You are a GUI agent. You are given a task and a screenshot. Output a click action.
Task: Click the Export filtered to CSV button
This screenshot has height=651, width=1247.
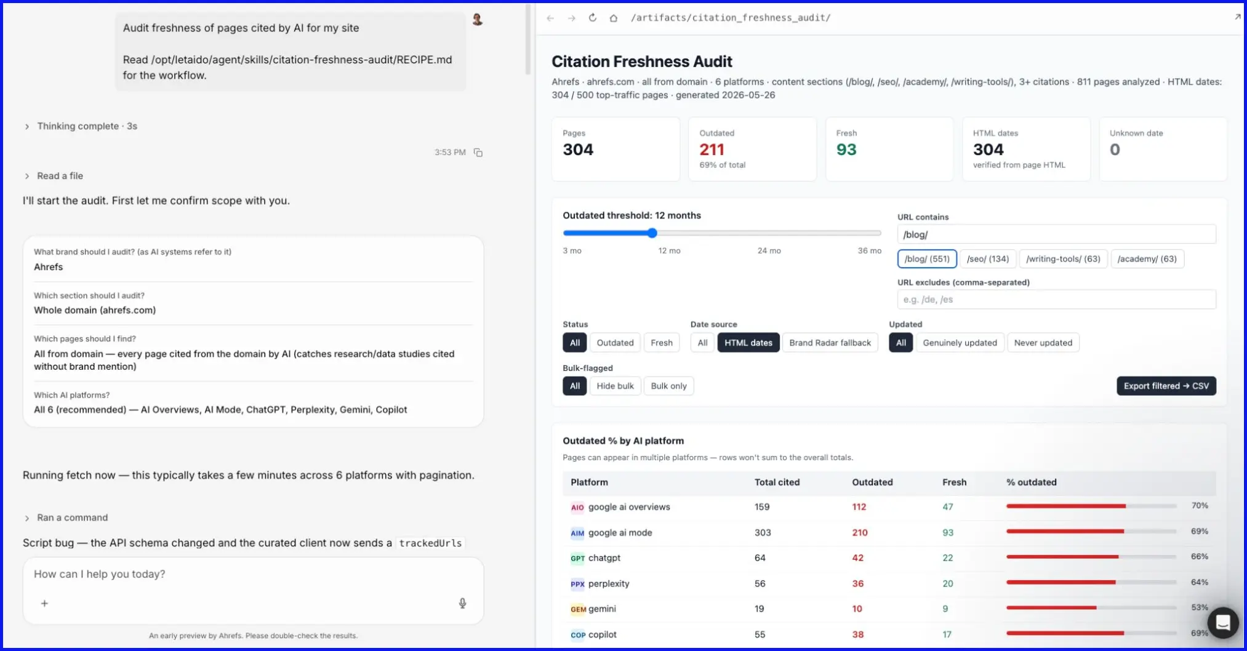tap(1166, 386)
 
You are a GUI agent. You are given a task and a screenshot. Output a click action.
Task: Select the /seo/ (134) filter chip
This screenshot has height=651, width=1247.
tap(987, 259)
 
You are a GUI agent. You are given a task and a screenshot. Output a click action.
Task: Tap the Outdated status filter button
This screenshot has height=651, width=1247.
tap(615, 343)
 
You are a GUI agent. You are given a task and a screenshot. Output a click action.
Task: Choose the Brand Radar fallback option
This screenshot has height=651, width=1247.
tap(830, 343)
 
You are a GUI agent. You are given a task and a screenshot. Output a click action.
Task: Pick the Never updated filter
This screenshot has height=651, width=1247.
tap(1043, 343)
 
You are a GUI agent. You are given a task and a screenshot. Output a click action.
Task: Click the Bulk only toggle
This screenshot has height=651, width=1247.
tap(668, 386)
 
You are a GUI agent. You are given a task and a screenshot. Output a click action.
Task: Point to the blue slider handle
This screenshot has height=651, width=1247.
tap(652, 233)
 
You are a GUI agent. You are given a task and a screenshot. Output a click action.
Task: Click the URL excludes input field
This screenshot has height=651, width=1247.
tap(1056, 300)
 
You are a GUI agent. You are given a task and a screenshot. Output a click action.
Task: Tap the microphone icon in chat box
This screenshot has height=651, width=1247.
tap(462, 603)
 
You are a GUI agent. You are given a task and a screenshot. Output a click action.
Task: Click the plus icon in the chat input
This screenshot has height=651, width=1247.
tap(44, 604)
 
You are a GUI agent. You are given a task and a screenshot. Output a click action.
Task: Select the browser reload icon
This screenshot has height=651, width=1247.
tap(592, 18)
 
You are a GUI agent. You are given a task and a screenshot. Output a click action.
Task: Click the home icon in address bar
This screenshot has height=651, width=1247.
tap(613, 18)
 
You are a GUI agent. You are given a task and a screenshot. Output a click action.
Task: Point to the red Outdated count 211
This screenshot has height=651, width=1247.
tap(712, 150)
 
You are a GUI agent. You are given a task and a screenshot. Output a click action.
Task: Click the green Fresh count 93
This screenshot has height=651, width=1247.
tap(846, 150)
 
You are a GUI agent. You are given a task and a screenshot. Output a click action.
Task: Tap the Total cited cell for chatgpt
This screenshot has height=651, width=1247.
tap(760, 557)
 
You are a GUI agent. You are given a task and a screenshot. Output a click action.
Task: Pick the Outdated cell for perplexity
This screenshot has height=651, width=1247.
tap(857, 583)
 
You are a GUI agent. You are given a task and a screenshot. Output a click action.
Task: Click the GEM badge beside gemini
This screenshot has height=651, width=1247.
tap(578, 609)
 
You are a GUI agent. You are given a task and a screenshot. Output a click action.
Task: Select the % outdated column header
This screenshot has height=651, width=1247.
tap(1031, 482)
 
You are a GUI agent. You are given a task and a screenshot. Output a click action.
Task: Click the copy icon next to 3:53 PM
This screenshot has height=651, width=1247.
tap(478, 153)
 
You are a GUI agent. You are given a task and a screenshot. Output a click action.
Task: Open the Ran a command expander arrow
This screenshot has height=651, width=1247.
tap(27, 518)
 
